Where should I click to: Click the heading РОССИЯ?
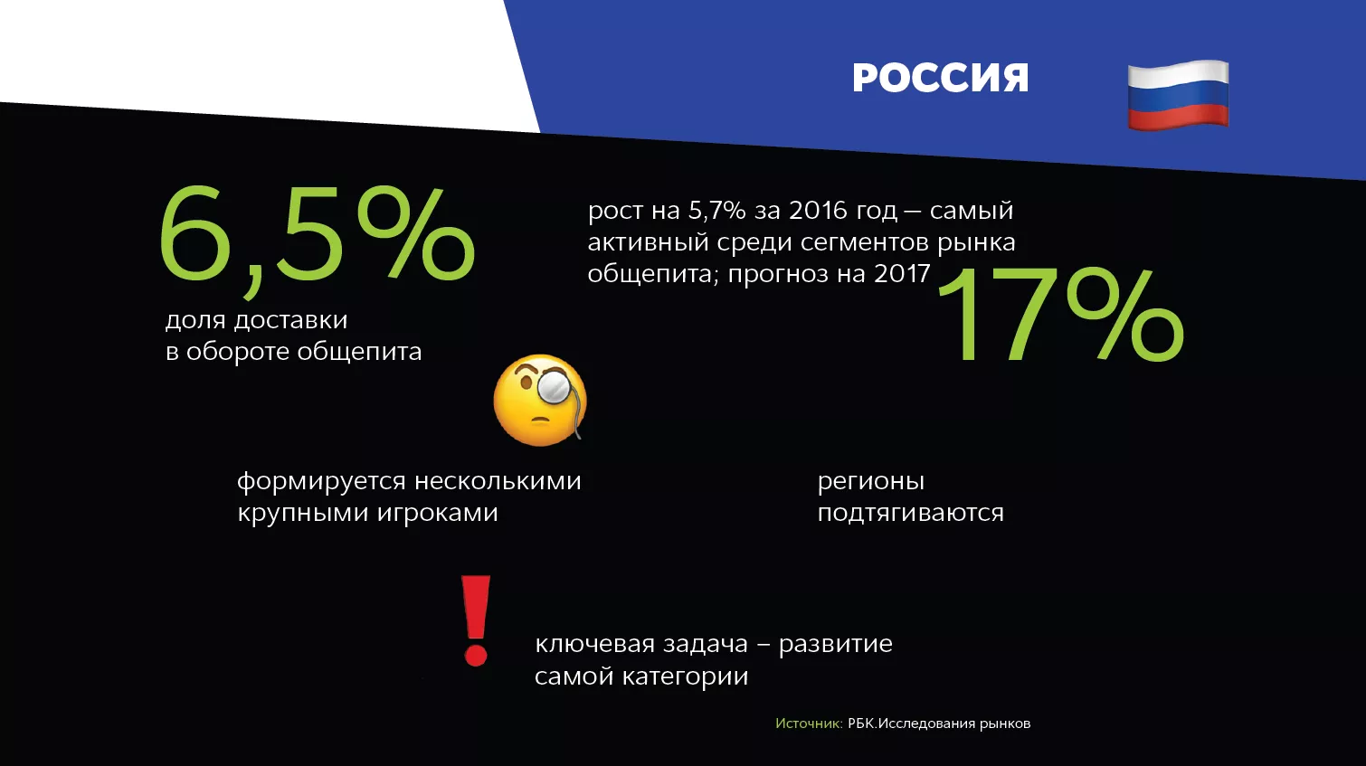940,78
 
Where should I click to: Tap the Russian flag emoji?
1178,95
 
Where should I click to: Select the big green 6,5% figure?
317,239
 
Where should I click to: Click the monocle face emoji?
540,399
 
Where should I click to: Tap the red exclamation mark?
476,621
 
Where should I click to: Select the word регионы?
871,482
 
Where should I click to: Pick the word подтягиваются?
910,512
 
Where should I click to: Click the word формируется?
321,482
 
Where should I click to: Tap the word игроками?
437,513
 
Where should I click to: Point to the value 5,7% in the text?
717,211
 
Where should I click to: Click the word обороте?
239,352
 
